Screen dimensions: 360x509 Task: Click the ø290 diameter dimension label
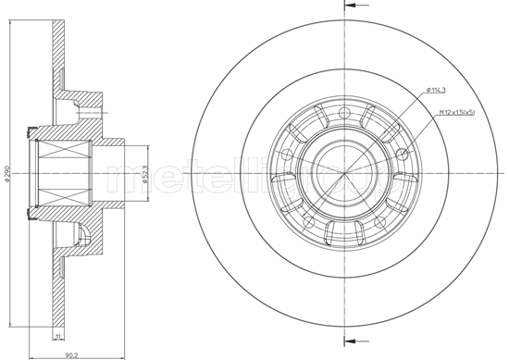[7, 177]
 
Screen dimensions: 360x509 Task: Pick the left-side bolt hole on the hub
[288, 154]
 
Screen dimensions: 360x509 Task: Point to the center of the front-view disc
[343, 172]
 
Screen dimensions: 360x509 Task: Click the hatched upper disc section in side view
[58, 46]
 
